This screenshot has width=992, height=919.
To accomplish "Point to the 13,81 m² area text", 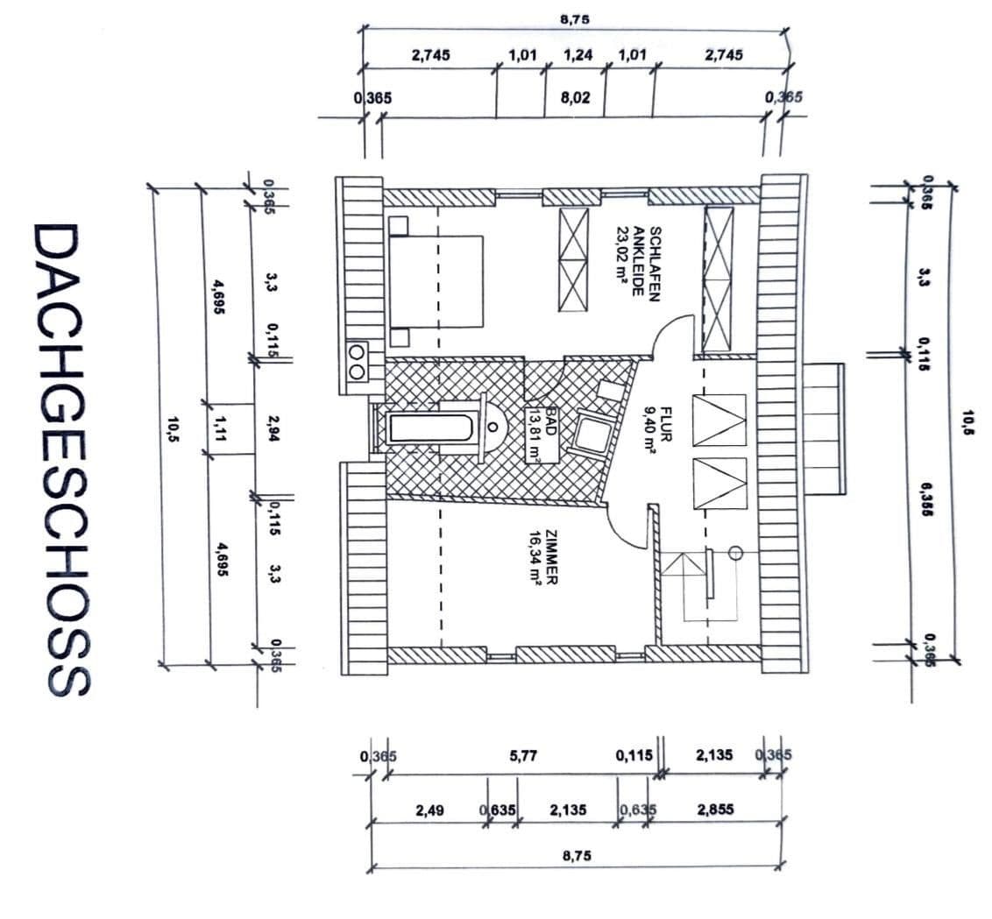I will [x=533, y=435].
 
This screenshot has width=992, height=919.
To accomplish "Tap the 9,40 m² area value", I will [x=649, y=429].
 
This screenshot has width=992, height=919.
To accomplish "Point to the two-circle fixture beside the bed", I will [x=357, y=362].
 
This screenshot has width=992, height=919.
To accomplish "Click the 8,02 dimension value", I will [x=575, y=98].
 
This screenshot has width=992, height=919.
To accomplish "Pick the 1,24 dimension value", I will [x=577, y=55].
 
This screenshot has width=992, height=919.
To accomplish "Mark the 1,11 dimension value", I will [x=218, y=428].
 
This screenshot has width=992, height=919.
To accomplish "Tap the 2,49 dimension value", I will [x=429, y=810].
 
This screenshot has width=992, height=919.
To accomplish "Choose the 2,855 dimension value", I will [x=715, y=810].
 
